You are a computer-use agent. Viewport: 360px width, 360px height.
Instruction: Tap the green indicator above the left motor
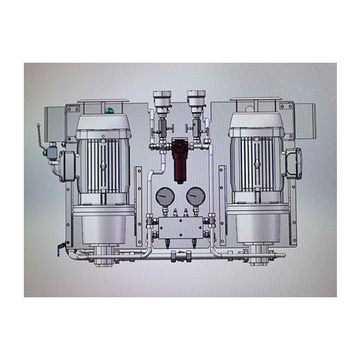point(109,111)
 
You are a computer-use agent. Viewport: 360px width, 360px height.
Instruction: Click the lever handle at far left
point(39,136)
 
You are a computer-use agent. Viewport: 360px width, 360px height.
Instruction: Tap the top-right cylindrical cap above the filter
point(196,101)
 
